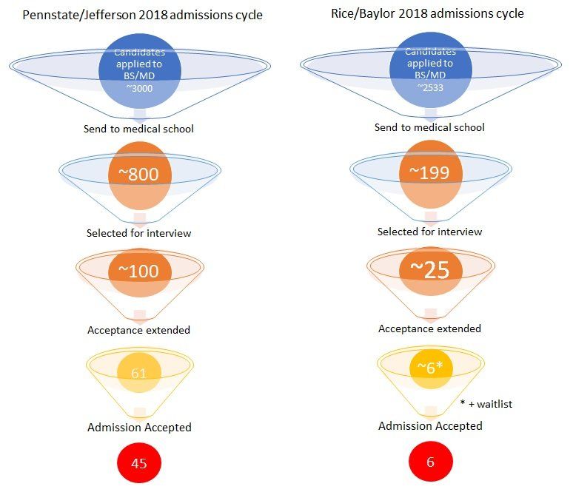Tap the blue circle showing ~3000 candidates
click(x=139, y=73)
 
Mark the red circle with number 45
click(x=139, y=464)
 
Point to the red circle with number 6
click(x=430, y=462)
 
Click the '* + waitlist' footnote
click(x=486, y=404)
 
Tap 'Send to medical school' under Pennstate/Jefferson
click(x=139, y=129)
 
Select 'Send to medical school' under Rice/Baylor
click(x=429, y=127)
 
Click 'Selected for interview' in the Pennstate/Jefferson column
click(x=139, y=233)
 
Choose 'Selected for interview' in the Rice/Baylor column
click(x=429, y=232)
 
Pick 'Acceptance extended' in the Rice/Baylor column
click(x=429, y=328)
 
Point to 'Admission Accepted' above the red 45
click(x=139, y=427)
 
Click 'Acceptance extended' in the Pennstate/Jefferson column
click(x=139, y=330)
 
